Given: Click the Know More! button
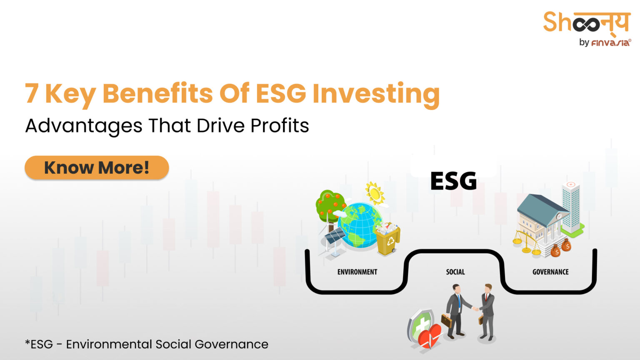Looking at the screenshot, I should click(97, 168).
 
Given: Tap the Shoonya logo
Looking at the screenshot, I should click(586, 23).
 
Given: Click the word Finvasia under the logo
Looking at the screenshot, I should click(611, 42).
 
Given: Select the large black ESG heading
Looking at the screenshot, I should click(453, 181).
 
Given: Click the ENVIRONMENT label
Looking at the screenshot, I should click(357, 272).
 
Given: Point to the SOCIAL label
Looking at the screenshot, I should click(455, 272).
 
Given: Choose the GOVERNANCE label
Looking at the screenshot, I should click(550, 272).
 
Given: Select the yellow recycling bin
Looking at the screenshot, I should click(388, 240).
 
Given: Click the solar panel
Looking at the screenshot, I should click(335, 237).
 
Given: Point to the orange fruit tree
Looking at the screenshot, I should click(330, 205).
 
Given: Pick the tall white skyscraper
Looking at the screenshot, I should click(571, 206).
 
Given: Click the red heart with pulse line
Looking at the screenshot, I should click(429, 336).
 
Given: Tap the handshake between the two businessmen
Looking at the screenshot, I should click(475, 309).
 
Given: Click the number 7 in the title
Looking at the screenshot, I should click(32, 93).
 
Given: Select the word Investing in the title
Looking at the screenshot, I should click(376, 93).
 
